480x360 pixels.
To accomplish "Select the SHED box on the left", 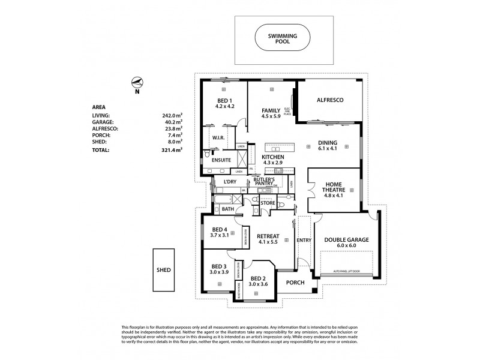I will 162,270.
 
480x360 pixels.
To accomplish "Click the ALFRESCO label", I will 329,100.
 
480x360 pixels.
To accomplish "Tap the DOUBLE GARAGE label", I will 346,239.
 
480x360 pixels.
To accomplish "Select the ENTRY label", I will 304,240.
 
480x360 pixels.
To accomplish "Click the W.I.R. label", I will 218,137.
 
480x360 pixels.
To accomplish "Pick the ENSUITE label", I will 215,161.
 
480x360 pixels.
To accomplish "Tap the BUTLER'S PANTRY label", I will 265,182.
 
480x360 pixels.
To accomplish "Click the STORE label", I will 267,203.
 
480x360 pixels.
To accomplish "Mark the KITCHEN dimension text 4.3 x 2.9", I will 272,163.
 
